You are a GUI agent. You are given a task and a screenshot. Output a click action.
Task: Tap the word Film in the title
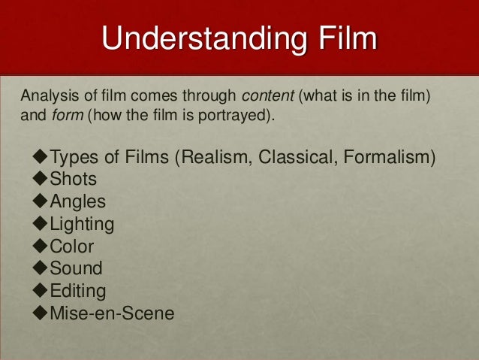tap(345, 39)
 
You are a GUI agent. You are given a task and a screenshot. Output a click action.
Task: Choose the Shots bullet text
tap(73, 180)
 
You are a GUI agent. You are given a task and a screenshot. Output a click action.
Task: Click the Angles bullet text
tap(77, 202)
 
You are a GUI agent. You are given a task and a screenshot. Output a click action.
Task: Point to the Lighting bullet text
tap(82, 224)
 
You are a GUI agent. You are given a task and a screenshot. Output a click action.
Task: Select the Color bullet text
tap(72, 246)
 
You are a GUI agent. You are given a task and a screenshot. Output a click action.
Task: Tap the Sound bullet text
tap(76, 268)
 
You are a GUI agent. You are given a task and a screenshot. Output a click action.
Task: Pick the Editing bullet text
tap(78, 289)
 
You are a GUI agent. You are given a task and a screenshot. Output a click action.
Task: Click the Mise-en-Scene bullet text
tap(112, 311)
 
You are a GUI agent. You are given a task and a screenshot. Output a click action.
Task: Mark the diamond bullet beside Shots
tap(40, 180)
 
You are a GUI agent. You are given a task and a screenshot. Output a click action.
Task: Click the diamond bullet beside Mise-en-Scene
tap(40, 311)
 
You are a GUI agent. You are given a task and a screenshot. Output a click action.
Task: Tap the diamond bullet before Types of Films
tap(40, 159)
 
